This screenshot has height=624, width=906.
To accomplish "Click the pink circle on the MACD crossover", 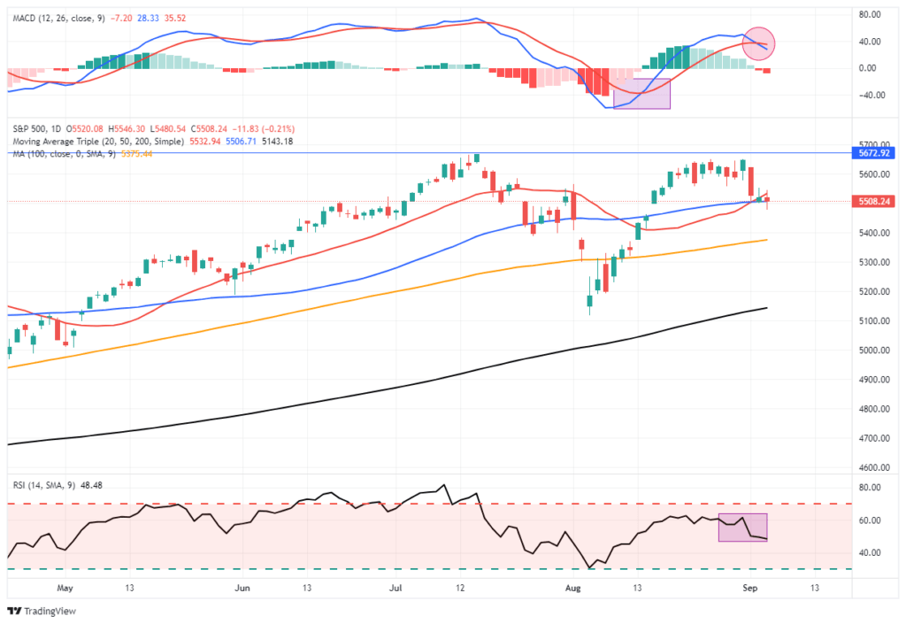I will [758, 43].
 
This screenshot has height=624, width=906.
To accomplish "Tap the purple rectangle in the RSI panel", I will [742, 528].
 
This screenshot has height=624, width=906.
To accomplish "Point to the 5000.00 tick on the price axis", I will [874, 351].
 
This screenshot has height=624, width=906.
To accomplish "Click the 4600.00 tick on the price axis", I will [874, 467].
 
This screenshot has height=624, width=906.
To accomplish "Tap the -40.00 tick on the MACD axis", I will [872, 96].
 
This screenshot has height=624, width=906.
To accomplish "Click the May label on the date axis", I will [64, 587].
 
